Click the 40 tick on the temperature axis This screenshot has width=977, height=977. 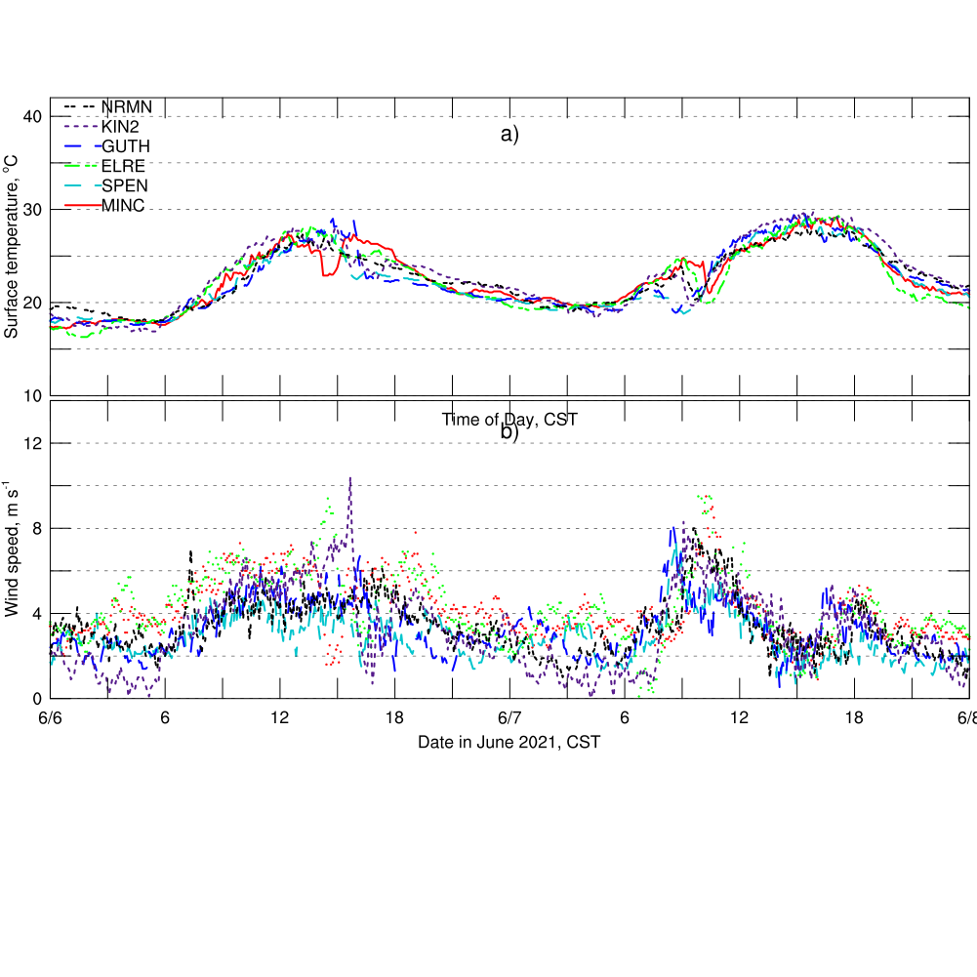pyautogui.click(x=33, y=117)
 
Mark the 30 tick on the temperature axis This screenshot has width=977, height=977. pyautogui.click(x=33, y=210)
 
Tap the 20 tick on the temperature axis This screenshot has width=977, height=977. pyautogui.click(x=33, y=303)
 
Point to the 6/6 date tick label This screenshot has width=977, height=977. pyautogui.click(x=51, y=718)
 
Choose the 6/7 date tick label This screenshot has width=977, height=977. pyautogui.click(x=509, y=718)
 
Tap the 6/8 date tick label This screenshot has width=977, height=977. pyautogui.click(x=967, y=718)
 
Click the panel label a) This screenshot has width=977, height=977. pyautogui.click(x=509, y=136)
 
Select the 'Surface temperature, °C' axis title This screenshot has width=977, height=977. pyautogui.click(x=12, y=251)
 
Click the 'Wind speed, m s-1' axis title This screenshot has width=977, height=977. pyautogui.click(x=12, y=547)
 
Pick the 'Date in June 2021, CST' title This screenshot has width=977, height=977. pyautogui.click(x=509, y=742)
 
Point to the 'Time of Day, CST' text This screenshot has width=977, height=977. pyautogui.click(x=509, y=420)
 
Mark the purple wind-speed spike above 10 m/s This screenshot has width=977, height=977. pyautogui.click(x=349, y=480)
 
